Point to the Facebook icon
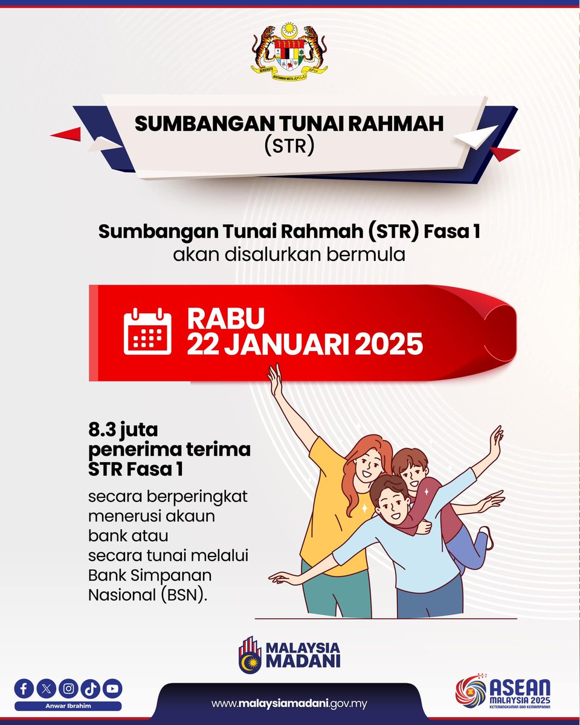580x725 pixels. click(25, 688)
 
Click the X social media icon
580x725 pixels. click(47, 688)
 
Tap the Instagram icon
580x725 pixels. click(69, 688)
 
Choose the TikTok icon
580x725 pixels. click(91, 688)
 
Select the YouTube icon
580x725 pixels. click(112, 688)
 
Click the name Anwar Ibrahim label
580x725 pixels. click(68, 705)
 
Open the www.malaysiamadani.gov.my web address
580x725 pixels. click(289, 704)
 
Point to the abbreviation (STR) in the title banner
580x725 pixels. click(289, 147)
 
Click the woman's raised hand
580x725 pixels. click(275, 378)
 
